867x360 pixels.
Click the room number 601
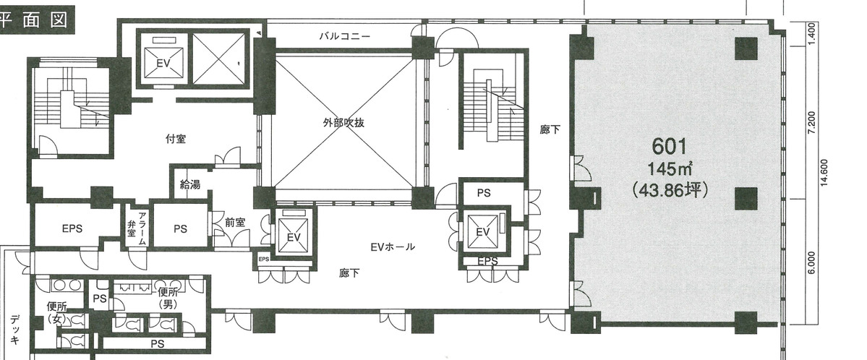[x=670, y=147]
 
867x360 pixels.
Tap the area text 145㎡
[x=670, y=168]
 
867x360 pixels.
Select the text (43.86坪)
[x=670, y=189]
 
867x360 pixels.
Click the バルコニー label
[x=344, y=37]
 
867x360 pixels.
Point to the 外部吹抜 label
[x=344, y=123]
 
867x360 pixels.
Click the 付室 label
[x=175, y=139]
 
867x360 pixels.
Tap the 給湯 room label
[x=189, y=185]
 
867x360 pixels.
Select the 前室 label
[x=235, y=223]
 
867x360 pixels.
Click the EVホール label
[x=392, y=247]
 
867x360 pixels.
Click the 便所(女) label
[x=57, y=312]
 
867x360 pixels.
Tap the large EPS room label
[x=72, y=228]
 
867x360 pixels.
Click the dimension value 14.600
[x=824, y=173]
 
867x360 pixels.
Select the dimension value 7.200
[x=812, y=123]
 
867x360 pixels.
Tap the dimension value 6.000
[x=812, y=262]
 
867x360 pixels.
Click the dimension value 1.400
[x=812, y=33]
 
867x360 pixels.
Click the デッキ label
[x=15, y=330]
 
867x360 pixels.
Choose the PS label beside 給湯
[x=180, y=228]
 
